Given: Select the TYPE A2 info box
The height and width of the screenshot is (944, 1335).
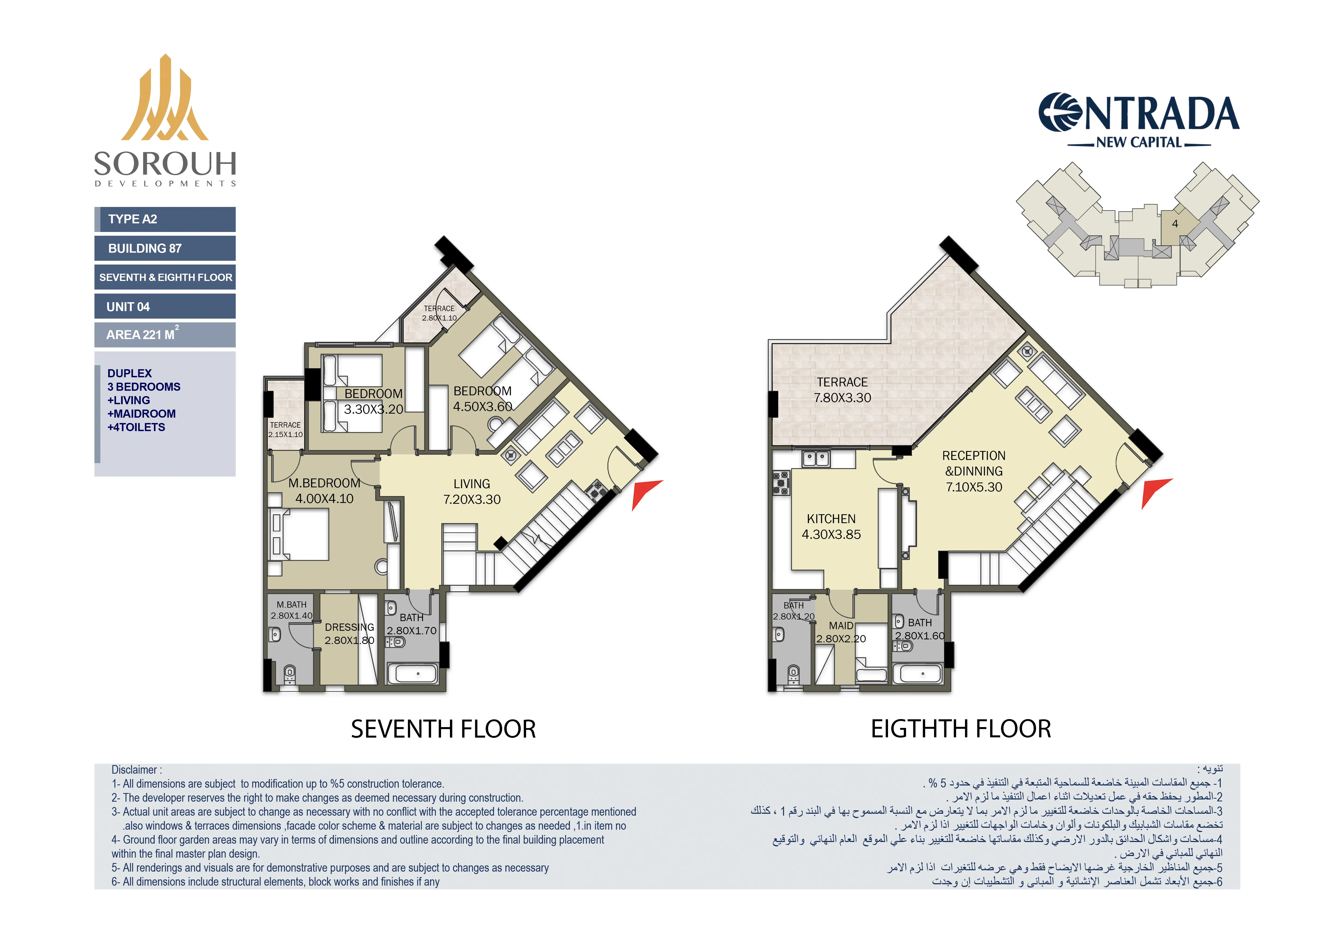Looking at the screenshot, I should [165, 219].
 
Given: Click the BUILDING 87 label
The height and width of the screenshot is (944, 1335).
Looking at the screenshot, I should [165, 248].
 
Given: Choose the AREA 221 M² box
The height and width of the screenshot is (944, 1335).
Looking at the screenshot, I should [165, 335].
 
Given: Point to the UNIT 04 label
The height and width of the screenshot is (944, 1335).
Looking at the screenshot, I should [165, 306].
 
